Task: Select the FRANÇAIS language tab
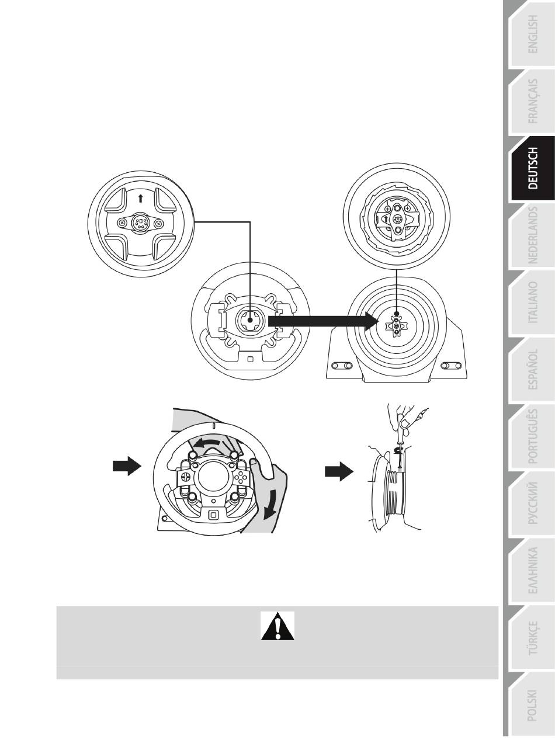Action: [533, 101]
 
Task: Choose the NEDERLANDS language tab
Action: [533, 235]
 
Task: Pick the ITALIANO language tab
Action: [533, 302]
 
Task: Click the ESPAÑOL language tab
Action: [533, 369]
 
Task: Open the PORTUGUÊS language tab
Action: [533, 436]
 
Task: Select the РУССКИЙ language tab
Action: [533, 503]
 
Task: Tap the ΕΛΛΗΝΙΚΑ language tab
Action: [533, 570]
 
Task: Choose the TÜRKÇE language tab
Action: [533, 637]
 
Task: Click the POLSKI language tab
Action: [533, 704]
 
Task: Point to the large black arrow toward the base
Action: [323, 321]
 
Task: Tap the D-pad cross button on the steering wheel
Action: [185, 477]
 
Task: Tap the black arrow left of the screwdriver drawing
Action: [339, 471]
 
